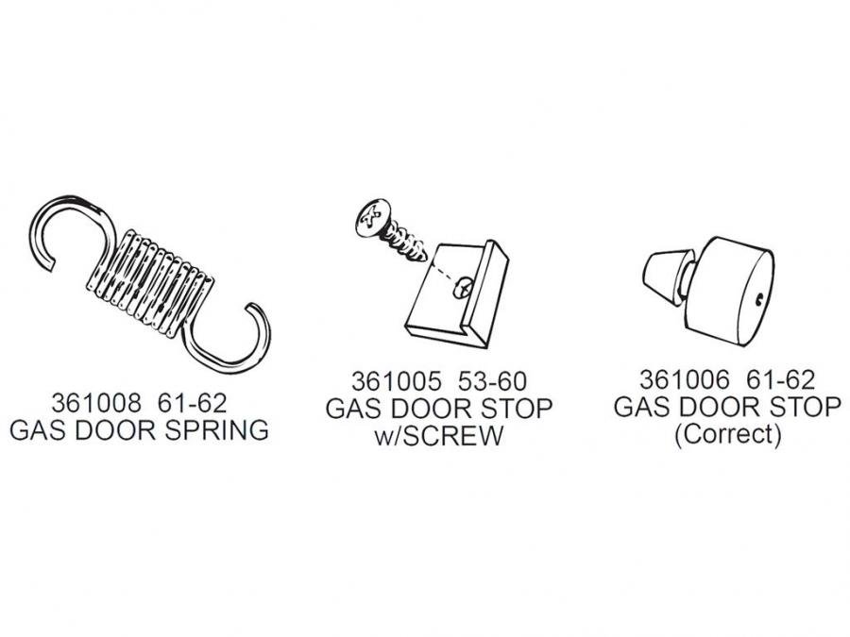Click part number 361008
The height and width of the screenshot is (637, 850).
coord(96,403)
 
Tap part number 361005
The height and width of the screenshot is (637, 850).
coord(397,381)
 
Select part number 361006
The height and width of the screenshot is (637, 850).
coord(685,379)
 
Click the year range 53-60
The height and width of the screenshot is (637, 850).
coord(492,381)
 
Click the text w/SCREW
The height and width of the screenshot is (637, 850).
coord(438,435)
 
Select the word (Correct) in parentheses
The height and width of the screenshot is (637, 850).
coord(727,434)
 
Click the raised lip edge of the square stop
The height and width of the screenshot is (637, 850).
coord(489,293)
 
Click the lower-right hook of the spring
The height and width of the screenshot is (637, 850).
coord(230,339)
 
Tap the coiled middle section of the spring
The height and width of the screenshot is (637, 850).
coord(150,283)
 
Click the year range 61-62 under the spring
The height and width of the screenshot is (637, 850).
coord(192,403)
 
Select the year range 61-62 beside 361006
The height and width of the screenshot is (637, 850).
coord(781,379)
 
